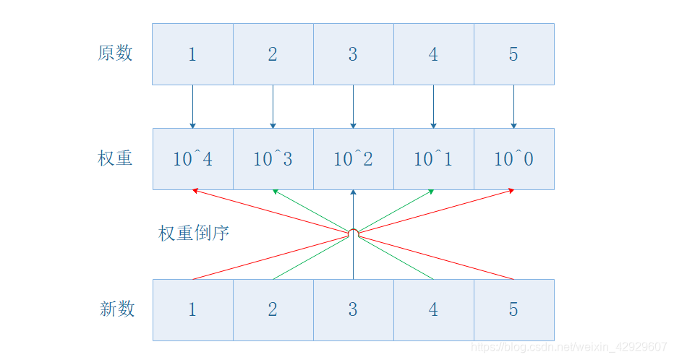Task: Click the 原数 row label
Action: click(116, 54)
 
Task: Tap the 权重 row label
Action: click(116, 158)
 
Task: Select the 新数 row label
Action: click(117, 309)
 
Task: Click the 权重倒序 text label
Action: click(194, 233)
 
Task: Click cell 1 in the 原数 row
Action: click(192, 54)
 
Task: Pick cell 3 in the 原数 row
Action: click(353, 54)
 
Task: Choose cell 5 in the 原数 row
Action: click(513, 54)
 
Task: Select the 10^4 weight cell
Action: click(192, 159)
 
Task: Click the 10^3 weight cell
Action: click(273, 159)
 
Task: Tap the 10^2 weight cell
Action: click(353, 159)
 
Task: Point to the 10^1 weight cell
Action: click(433, 159)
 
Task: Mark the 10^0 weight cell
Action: click(513, 159)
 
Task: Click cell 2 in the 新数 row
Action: click(273, 309)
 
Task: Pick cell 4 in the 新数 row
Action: click(433, 309)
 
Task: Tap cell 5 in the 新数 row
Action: click(513, 309)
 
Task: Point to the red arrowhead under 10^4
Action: click(195, 191)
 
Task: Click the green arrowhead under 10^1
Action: click(431, 192)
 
